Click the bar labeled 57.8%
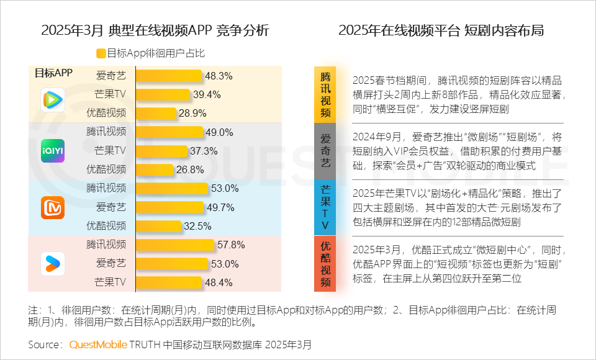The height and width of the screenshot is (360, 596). pos(174,245)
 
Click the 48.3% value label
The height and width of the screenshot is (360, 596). pos(219,76)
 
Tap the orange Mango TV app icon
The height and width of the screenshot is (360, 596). pos(53,207)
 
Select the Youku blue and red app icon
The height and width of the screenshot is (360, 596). pos(53,264)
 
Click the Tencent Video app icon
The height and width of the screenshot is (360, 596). pos(53,99)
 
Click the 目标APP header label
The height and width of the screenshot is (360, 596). pos(53,73)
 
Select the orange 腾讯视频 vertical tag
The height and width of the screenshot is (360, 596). pos(325,94)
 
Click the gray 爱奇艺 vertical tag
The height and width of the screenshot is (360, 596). pos(325,151)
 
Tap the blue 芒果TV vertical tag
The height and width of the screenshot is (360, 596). pos(325,207)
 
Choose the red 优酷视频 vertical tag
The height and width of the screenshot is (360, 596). pos(325,264)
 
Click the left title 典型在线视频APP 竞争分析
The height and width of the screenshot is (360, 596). pos(155,30)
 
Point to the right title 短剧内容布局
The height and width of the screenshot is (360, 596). pos(441,30)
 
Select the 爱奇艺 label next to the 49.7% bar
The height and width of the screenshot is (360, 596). pos(111,207)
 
